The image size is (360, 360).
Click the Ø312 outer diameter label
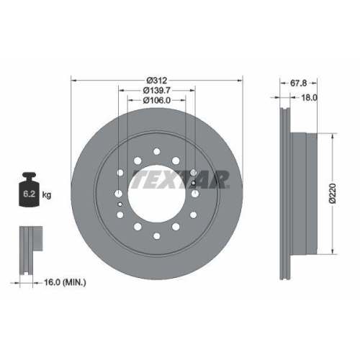(158, 79)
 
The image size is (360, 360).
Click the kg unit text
(46, 194)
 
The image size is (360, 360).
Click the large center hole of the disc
(158, 194)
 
